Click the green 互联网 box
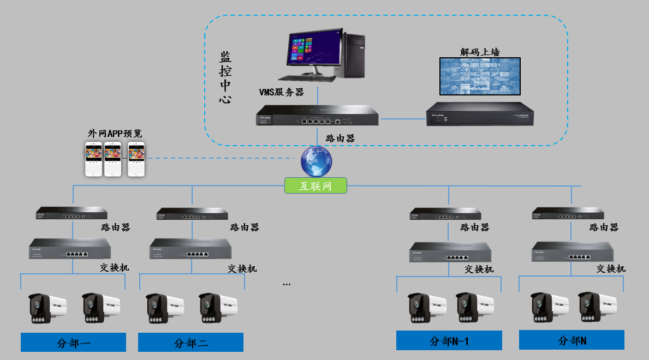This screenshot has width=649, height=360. pyautogui.click(x=316, y=186)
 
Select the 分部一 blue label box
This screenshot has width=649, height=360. pyautogui.click(x=73, y=343)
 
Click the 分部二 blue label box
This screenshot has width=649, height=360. pyautogui.click(x=190, y=343)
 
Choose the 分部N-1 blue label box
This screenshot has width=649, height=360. pyautogui.click(x=449, y=341)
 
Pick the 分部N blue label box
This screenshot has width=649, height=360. pyautogui.click(x=571, y=340)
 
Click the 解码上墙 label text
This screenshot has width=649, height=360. pyautogui.click(x=480, y=52)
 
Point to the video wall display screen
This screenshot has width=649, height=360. pyautogui.click(x=480, y=76)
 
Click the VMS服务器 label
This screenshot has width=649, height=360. pyautogui.click(x=281, y=92)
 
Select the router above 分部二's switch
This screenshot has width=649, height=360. pyautogui.click(x=192, y=214)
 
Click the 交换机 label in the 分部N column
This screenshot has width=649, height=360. pyautogui.click(x=611, y=268)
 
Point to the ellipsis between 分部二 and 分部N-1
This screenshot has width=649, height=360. pyautogui.click(x=287, y=284)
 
